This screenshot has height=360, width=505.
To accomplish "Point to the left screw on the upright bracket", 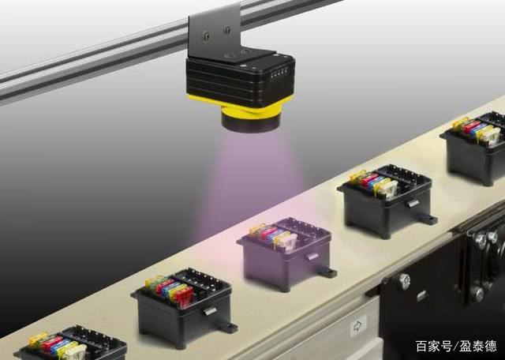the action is [205, 36].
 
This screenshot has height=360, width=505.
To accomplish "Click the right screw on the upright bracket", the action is [227, 30].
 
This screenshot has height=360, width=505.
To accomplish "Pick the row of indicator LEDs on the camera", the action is [279, 74].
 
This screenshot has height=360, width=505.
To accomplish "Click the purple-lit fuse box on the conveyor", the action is [286, 253].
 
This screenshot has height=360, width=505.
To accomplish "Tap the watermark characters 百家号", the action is [433, 346].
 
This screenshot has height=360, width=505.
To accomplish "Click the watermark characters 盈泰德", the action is [478, 346].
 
